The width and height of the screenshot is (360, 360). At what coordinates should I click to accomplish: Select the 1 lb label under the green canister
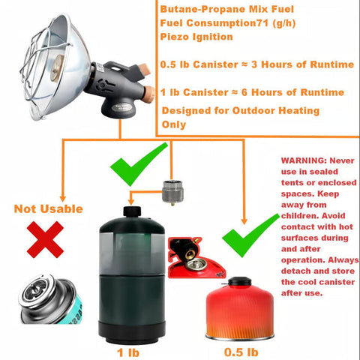point(127,350)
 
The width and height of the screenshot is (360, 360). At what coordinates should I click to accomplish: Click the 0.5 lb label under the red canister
point(241,350)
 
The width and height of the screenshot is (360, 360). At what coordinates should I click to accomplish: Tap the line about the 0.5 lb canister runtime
point(257,64)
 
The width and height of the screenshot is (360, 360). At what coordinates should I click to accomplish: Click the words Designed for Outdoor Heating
point(240,111)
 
